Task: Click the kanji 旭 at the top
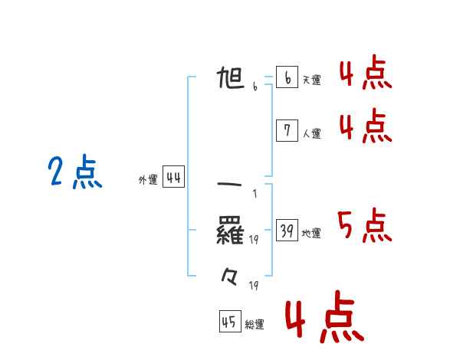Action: click(x=232, y=78)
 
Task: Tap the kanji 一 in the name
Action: click(x=231, y=185)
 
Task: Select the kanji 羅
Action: click(x=231, y=230)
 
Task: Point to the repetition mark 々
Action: click(x=231, y=275)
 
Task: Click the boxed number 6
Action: click(x=287, y=77)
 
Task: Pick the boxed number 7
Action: click(x=287, y=131)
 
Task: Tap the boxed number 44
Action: click(x=173, y=178)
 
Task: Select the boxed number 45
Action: click(x=229, y=322)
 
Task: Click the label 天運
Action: click(x=311, y=80)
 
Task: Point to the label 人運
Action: click(x=311, y=133)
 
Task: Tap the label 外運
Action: click(x=148, y=180)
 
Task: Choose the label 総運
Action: click(x=255, y=324)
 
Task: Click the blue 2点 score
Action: click(x=75, y=172)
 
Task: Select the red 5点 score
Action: click(x=365, y=226)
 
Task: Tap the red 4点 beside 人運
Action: click(x=365, y=126)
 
